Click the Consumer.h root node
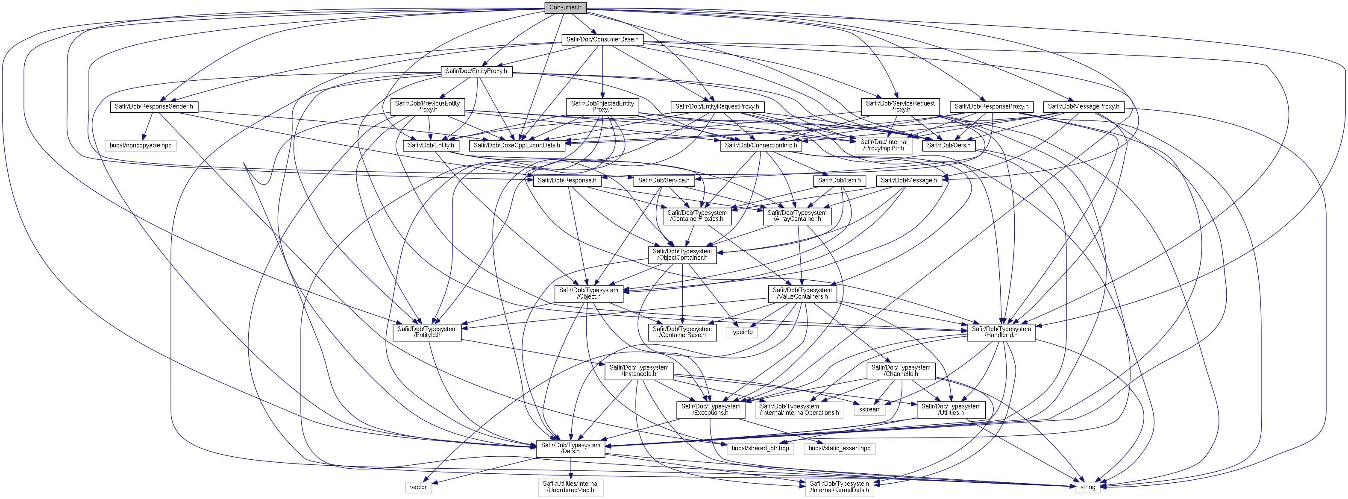coord(565,7)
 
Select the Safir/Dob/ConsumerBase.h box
coord(602,39)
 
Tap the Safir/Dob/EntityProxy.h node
coord(476,71)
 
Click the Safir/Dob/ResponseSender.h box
coord(154,107)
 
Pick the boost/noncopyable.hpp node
coord(141,145)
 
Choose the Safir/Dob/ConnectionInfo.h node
coord(761,145)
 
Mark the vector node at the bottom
coord(418,487)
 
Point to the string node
coord(1088,487)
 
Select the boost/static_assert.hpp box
coord(840,448)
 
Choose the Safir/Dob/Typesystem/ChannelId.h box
coord(901,371)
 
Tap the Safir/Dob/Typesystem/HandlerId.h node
coord(1001,332)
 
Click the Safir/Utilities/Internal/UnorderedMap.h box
coord(570,487)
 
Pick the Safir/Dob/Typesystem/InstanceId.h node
coord(639,371)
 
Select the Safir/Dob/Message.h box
coord(909,180)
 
